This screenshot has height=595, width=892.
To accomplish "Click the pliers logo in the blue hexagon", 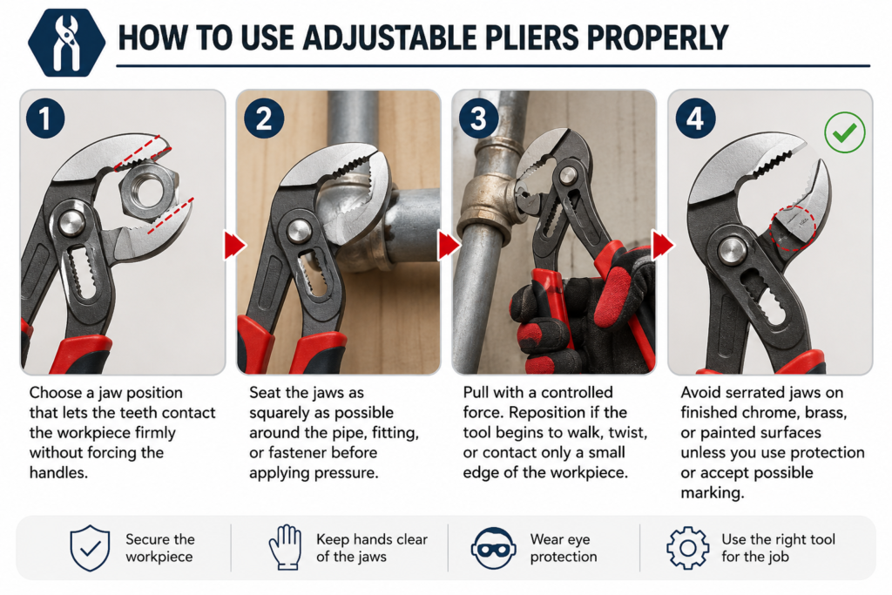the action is tap(66, 43).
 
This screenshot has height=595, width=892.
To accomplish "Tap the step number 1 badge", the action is tap(45, 118).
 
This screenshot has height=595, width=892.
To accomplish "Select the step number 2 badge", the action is tap(264, 118).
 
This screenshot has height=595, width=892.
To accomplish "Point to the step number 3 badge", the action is tap(479, 118).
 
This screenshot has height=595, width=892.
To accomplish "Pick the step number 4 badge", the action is tap(695, 118).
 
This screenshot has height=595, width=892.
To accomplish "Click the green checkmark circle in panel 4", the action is tap(845, 132).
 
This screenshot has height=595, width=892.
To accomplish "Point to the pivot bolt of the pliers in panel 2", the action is tap(299, 230).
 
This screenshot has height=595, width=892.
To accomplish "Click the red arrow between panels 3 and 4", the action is tap(663, 245).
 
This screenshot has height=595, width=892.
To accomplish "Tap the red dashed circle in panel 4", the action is tap(793, 227).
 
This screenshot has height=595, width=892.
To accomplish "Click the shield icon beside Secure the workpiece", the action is tap(90, 548).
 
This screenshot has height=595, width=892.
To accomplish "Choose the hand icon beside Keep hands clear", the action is tap(285, 547).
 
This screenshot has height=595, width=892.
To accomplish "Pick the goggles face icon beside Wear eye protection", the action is tap(493, 548).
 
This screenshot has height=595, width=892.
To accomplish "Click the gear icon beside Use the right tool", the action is tap(688, 548).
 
